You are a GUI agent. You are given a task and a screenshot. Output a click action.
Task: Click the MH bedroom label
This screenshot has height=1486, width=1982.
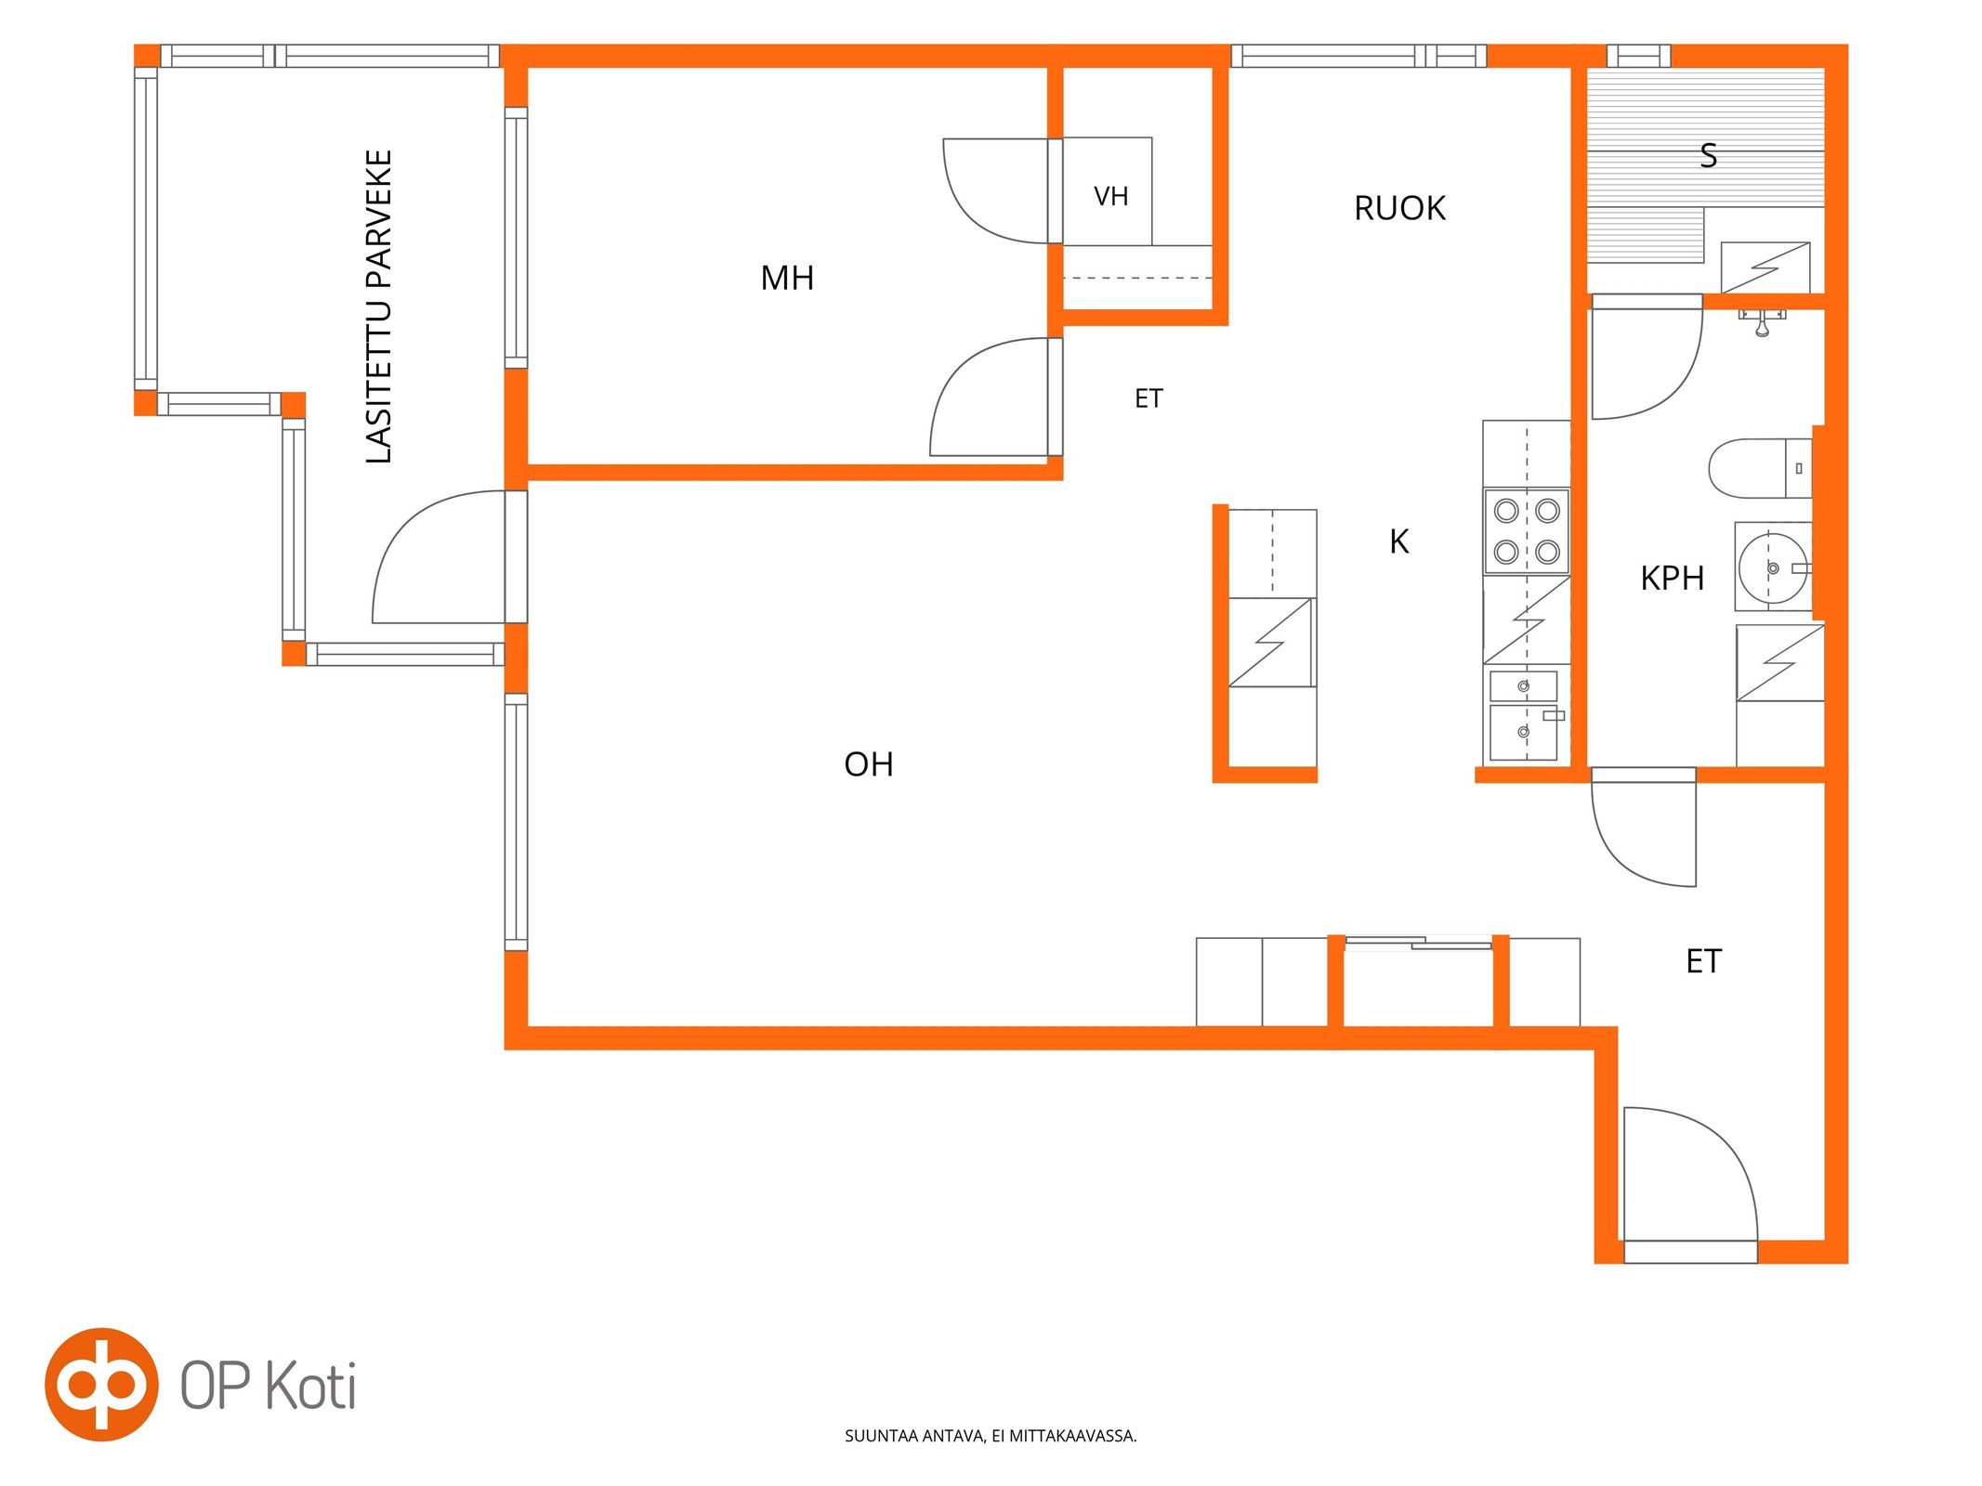(787, 278)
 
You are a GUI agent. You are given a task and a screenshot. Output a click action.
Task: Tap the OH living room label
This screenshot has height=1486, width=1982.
(869, 764)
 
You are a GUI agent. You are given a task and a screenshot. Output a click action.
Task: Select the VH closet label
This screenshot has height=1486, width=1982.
(1110, 196)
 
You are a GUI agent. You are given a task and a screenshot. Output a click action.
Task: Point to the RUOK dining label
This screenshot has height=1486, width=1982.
(1399, 208)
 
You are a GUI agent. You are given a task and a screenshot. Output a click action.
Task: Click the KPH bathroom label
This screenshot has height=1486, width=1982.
(1672, 578)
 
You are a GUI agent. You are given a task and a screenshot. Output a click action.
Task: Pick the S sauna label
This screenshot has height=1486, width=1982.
(1708, 155)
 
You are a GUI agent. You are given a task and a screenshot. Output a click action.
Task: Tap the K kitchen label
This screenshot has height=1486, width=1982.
(1398, 541)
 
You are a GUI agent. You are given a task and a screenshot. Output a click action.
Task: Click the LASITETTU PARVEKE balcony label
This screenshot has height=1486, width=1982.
(379, 306)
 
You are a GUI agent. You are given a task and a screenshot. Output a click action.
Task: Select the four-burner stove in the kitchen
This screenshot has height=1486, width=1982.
(1527, 532)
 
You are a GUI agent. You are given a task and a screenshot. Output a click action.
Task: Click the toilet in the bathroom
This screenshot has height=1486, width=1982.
(1760, 468)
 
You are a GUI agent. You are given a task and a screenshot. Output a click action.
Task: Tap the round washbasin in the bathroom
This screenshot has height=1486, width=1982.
(1772, 567)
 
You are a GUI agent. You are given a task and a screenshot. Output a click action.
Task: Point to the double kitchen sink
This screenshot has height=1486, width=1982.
(1524, 716)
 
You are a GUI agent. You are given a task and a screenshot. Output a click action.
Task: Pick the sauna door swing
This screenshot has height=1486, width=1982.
(1647, 358)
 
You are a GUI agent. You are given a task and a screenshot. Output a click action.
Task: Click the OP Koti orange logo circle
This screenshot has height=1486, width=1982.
(101, 1385)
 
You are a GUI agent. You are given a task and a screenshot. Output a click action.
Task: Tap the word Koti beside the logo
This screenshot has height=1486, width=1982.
(310, 1386)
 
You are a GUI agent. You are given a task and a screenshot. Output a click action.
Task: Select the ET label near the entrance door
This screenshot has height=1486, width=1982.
(1703, 961)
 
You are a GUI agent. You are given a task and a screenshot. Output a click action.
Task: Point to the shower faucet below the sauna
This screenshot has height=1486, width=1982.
(1762, 321)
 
